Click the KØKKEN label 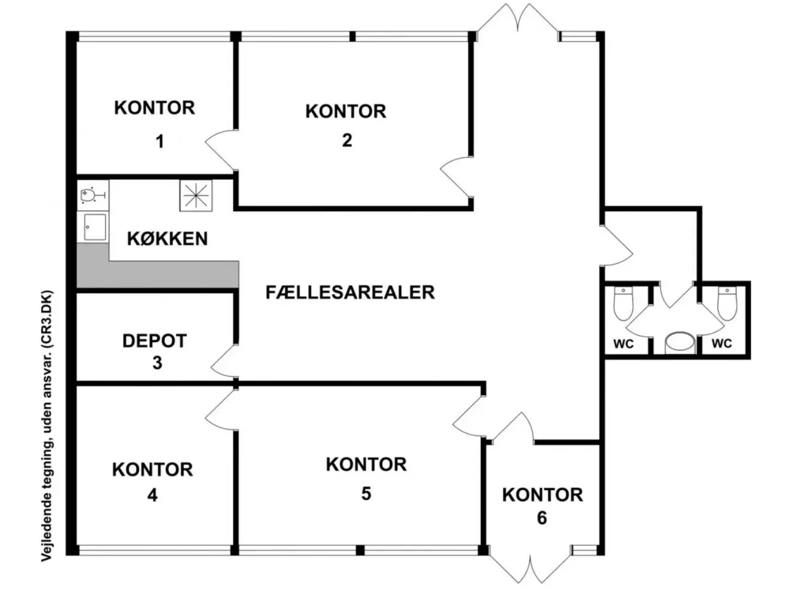click(x=167, y=239)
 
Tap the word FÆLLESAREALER click(x=350, y=292)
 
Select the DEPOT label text click(x=155, y=341)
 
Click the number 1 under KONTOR click(x=160, y=142)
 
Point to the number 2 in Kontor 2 click(x=347, y=140)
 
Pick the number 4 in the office click(x=152, y=496)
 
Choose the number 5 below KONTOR click(x=366, y=494)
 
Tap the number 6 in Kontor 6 click(x=542, y=518)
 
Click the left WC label click(x=624, y=344)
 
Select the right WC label click(x=722, y=344)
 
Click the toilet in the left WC click(x=624, y=304)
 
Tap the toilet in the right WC click(x=727, y=304)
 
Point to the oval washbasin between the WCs click(x=680, y=343)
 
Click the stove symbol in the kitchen click(x=196, y=195)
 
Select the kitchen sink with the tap click(x=93, y=195)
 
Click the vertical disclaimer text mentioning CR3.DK click(x=47, y=425)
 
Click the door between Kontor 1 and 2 click(x=220, y=150)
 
